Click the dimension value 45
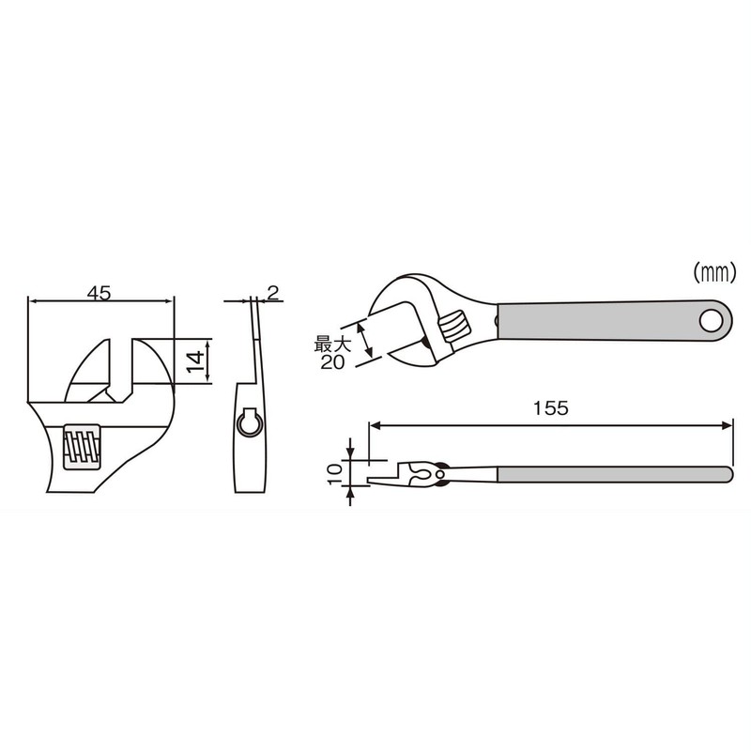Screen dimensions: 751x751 (x=99, y=292)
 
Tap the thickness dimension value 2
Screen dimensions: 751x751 (x=272, y=293)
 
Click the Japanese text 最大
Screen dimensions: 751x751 (x=332, y=345)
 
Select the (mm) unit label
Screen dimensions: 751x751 (x=713, y=273)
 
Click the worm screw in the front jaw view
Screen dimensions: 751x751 (x=80, y=447)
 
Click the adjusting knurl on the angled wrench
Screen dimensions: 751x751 (x=453, y=328)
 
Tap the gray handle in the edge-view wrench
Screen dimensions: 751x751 (x=610, y=472)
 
